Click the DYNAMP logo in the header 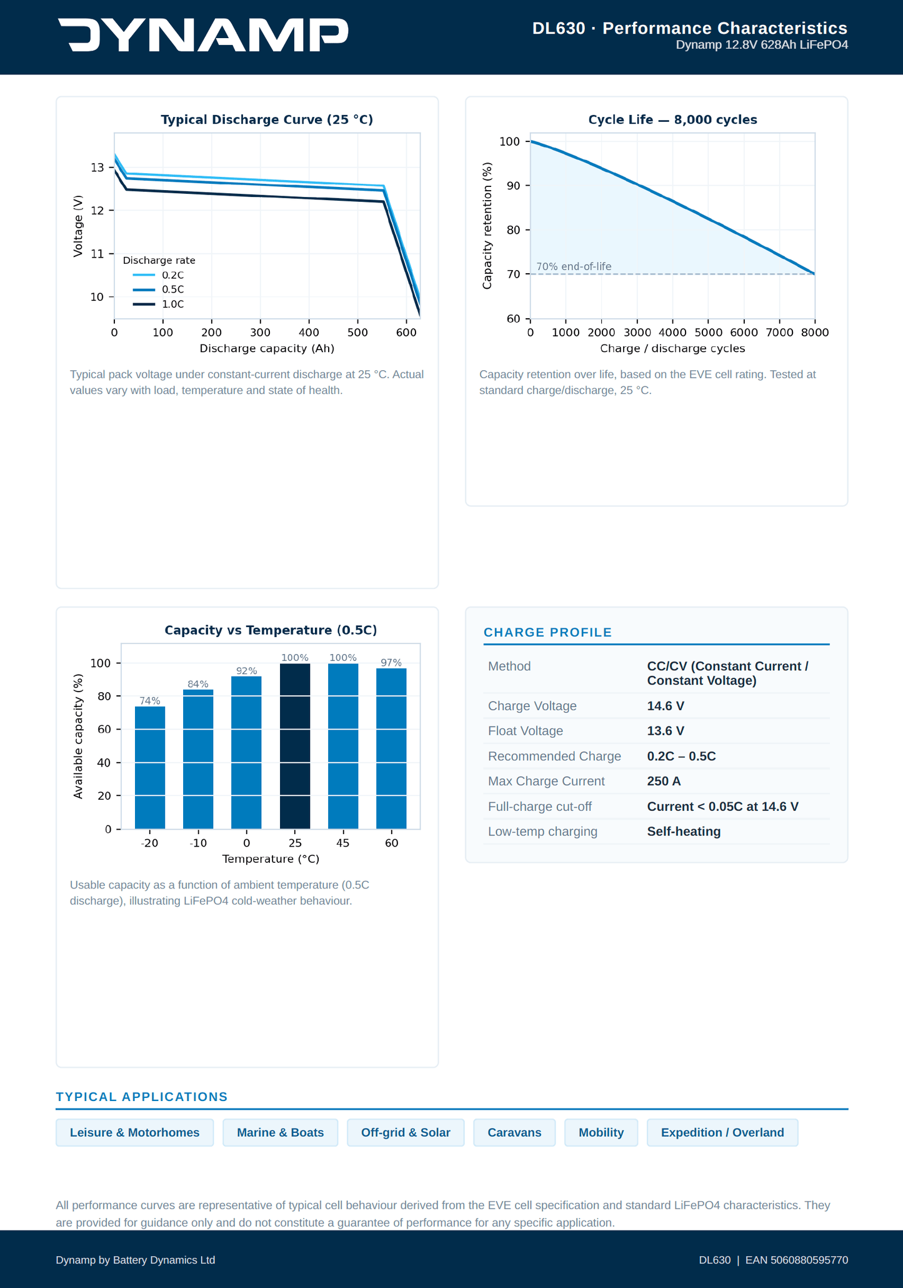[x=203, y=35]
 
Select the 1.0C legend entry [x=159, y=304]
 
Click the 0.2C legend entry [x=159, y=275]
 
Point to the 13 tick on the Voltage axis [x=97, y=168]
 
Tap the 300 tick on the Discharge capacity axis [x=260, y=333]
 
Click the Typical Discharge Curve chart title [x=267, y=119]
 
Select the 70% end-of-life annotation [x=574, y=266]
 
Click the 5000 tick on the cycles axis [x=708, y=333]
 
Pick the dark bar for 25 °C [x=295, y=746]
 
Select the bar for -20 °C [x=150, y=768]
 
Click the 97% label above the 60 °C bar [x=391, y=663]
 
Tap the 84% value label [x=198, y=684]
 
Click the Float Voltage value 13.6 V [x=666, y=731]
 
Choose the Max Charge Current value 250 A [x=664, y=781]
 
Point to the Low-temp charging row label [x=542, y=832]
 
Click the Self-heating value [x=684, y=832]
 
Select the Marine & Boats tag [x=281, y=1132]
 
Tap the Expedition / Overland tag [x=722, y=1132]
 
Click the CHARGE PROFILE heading [x=547, y=632]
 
